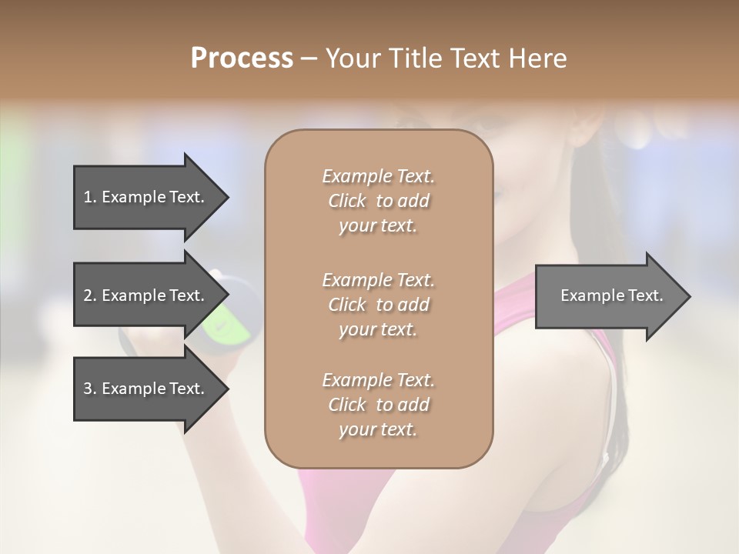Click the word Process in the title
coord(242,58)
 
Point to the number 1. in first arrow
coord(90,197)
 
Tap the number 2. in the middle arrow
coord(90,295)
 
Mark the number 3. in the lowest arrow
coord(90,389)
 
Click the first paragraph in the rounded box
coord(378,201)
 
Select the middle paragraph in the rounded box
coord(378,305)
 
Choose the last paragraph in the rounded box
coord(378,405)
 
